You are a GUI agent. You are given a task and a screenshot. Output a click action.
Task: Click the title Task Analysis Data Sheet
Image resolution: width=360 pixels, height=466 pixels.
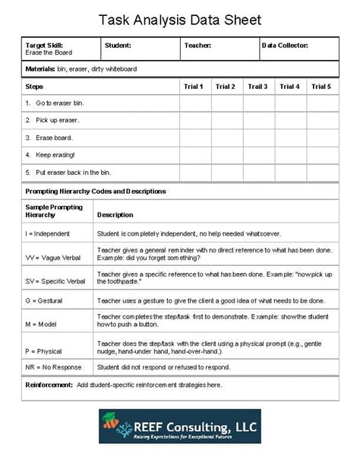point(180,20)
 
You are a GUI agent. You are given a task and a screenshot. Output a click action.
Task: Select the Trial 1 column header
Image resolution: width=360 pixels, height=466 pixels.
point(193,87)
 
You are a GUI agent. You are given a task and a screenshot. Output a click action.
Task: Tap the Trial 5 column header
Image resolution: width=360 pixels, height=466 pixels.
point(321,87)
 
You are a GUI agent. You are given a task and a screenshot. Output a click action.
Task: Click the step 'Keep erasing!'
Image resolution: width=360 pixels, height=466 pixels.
point(50,155)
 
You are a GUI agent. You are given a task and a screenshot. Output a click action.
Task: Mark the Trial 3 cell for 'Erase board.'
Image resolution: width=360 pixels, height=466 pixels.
point(257,138)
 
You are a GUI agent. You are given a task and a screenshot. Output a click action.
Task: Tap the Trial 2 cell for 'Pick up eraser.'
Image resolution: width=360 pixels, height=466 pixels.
point(226,120)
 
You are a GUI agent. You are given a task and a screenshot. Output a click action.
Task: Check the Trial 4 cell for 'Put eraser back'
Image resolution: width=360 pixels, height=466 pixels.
point(289,173)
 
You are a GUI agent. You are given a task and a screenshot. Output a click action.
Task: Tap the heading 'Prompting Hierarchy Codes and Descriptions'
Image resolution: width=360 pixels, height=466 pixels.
point(96,192)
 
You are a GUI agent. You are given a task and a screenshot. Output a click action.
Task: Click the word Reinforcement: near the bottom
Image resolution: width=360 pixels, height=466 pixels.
point(48,385)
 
